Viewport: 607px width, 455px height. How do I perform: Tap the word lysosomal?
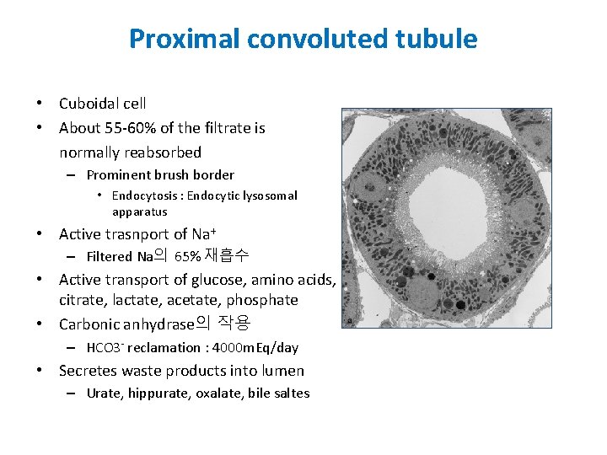click(269, 195)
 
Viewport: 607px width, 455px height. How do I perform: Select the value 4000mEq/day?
click(254, 348)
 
